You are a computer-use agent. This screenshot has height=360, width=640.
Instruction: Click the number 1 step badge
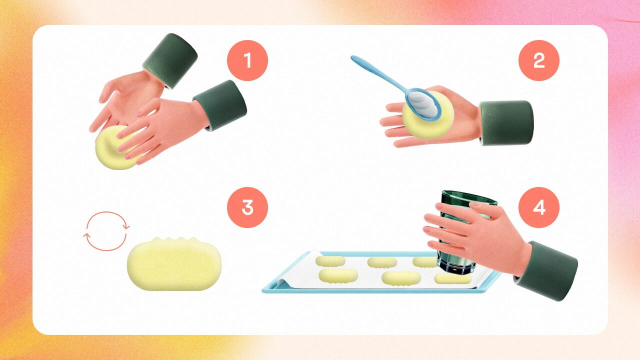point(247,60)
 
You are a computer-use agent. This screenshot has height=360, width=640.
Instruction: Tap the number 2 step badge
point(539,60)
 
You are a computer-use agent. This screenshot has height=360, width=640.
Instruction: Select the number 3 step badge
point(247,207)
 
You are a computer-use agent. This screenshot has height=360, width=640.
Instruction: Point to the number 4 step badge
point(539,207)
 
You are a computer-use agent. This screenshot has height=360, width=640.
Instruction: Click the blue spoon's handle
point(377,73)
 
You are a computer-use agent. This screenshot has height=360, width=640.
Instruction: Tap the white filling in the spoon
point(422,103)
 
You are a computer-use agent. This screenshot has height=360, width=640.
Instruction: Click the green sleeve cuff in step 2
point(506,123)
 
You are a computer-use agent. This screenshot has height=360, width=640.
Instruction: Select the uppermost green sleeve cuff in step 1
point(170,60)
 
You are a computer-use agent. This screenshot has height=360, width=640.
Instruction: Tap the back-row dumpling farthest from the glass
point(330,261)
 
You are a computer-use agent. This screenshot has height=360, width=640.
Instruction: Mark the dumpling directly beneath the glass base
point(452,278)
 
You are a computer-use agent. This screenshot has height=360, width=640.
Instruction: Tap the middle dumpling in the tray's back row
point(382,262)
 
